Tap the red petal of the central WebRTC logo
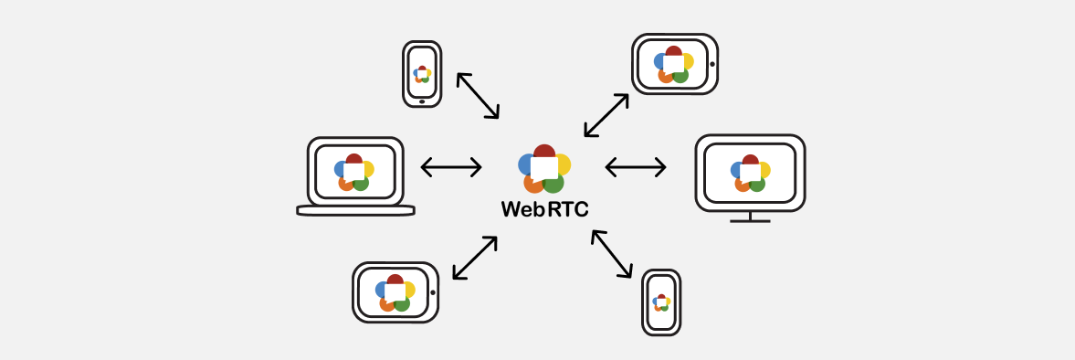click(x=544, y=152)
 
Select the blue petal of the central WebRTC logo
click(x=525, y=164)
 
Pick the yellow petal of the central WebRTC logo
click(x=564, y=164)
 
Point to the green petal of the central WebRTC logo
click(x=553, y=183)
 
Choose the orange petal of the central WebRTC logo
click(x=532, y=184)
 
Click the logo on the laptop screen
click(x=354, y=172)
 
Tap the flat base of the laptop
click(x=355, y=210)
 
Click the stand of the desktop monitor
click(x=750, y=217)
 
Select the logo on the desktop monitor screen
click(x=751, y=173)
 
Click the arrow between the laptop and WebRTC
click(x=451, y=167)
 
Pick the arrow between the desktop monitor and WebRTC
click(x=636, y=167)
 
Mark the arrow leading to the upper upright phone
click(x=478, y=95)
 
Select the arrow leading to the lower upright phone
click(x=612, y=253)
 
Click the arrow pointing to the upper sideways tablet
click(x=606, y=115)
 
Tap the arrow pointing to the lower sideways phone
click(x=475, y=258)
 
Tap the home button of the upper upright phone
click(x=422, y=101)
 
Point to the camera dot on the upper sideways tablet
click(x=711, y=64)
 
